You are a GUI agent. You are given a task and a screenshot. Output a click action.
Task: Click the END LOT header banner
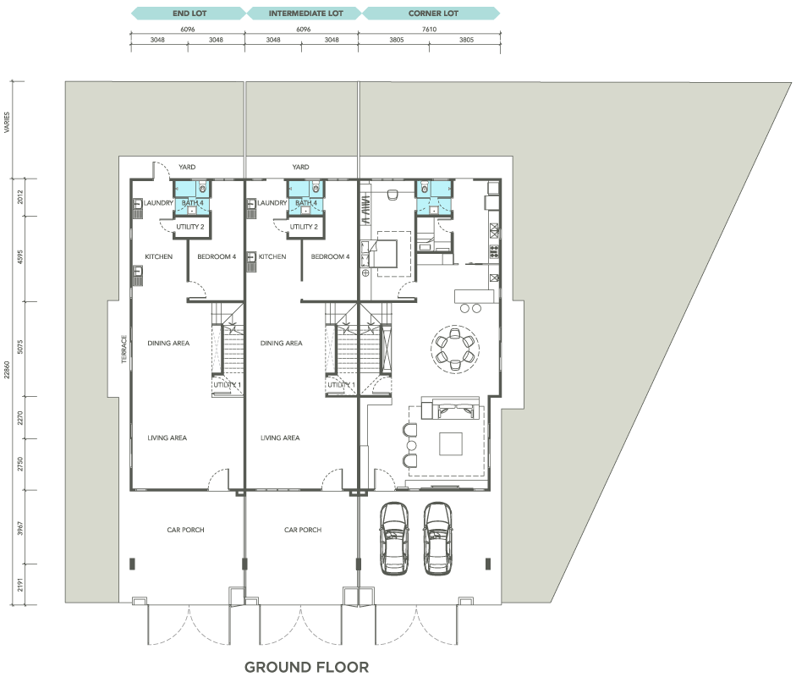[189, 14]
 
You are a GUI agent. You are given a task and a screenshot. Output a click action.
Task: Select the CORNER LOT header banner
[432, 14]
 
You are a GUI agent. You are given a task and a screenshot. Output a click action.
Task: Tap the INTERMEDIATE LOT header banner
[305, 14]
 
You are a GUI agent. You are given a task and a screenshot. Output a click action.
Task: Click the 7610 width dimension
[430, 29]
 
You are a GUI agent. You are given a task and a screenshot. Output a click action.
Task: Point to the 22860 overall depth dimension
[7, 370]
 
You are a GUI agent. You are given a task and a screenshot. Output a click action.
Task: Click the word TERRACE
[124, 349]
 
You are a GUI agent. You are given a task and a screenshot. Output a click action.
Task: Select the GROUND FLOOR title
[306, 667]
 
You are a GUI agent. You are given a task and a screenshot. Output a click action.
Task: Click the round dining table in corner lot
[454, 350]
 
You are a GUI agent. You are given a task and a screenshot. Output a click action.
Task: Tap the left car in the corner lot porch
[394, 538]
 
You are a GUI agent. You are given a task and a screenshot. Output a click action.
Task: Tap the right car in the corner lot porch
[437, 538]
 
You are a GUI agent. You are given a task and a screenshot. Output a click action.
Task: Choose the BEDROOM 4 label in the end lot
[217, 256]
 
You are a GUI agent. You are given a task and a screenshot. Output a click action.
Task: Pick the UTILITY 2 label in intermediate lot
[304, 227]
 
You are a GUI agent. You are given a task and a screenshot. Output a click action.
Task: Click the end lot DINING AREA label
[168, 344]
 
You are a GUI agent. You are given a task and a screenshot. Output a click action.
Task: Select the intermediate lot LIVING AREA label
[280, 438]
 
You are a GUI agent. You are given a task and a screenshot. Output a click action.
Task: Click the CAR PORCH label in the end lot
[186, 530]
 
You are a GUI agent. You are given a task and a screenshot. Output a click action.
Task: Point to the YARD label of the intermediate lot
[300, 167]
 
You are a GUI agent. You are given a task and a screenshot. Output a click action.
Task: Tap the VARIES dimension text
[7, 123]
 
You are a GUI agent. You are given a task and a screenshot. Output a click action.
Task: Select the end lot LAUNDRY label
[158, 202]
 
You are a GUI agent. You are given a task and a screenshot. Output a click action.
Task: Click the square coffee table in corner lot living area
[451, 443]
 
